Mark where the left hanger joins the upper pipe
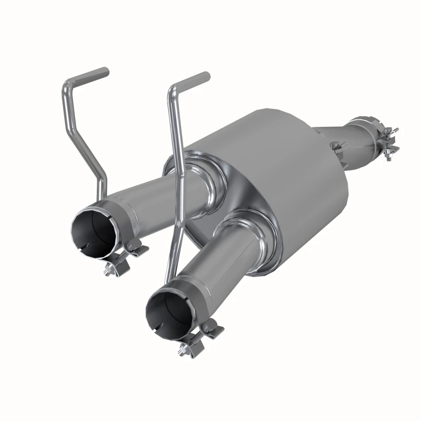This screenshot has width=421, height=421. [x=104, y=193]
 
